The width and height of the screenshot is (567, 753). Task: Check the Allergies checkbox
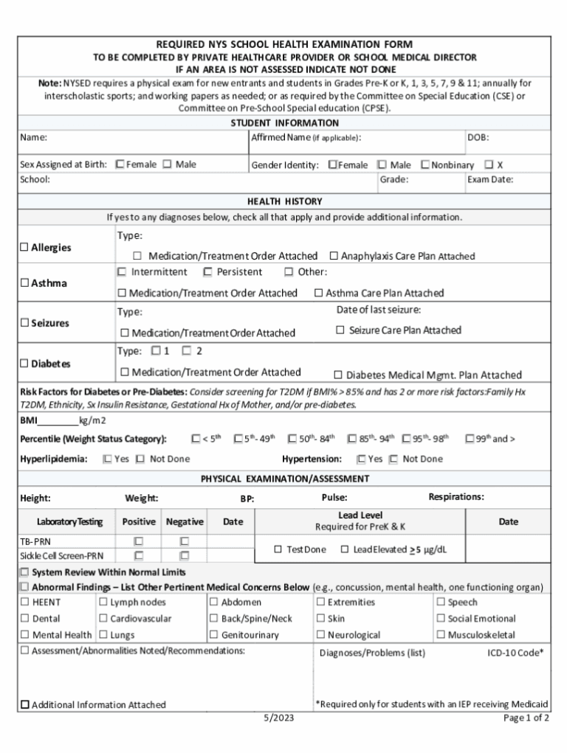(x=24, y=248)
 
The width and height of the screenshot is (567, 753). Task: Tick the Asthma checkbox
(x=24, y=283)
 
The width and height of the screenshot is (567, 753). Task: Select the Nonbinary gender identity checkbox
(x=425, y=165)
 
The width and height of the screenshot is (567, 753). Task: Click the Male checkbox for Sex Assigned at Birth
(x=168, y=164)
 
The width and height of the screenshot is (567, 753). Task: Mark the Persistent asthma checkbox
(x=207, y=272)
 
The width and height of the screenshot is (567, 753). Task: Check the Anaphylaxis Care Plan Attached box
(x=334, y=256)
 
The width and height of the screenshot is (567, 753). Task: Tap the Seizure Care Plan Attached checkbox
(x=340, y=330)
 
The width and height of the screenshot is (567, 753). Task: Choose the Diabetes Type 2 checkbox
(x=187, y=351)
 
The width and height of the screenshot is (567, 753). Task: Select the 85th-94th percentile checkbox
(x=352, y=439)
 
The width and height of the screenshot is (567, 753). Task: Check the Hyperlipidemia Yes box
(x=108, y=459)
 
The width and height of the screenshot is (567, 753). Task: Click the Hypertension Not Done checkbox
(x=394, y=459)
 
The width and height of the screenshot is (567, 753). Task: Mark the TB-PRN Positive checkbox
(x=138, y=541)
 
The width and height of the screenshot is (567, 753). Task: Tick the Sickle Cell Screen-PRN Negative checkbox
(x=185, y=555)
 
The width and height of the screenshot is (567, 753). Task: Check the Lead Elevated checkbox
(x=345, y=549)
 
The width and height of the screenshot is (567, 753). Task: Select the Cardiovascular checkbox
(x=103, y=619)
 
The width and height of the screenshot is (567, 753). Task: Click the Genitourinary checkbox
(x=214, y=635)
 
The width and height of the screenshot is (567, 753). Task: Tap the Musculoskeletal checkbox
(x=441, y=635)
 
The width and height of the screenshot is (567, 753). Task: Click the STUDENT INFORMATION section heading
(x=284, y=123)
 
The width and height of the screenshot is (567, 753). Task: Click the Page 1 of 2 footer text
(x=526, y=718)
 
